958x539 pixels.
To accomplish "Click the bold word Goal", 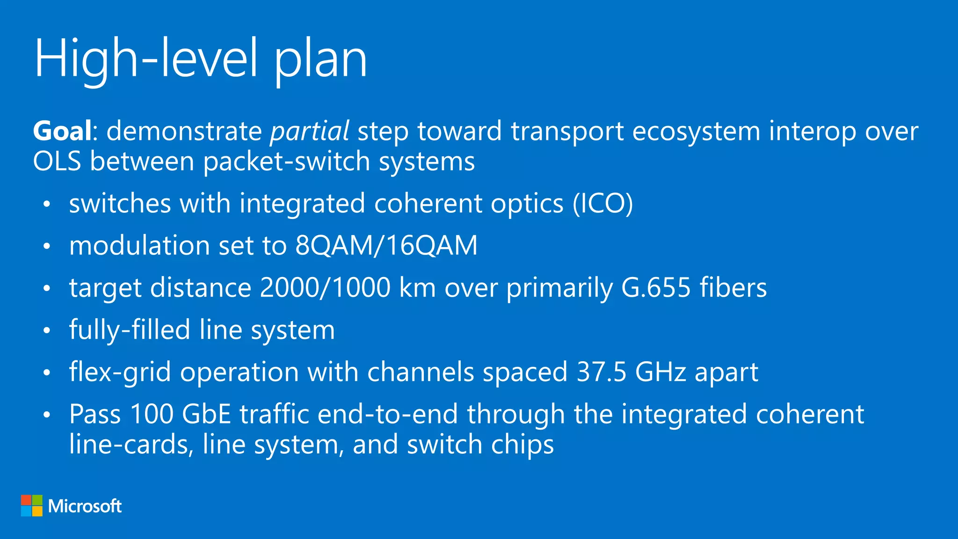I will tap(62, 131).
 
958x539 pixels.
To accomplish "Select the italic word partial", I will tap(310, 131).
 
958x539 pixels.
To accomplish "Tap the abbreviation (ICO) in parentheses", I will tap(603, 204).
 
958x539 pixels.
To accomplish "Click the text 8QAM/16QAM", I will tap(386, 246).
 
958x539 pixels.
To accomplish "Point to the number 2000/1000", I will tap(325, 287).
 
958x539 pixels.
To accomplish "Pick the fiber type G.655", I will tap(656, 287).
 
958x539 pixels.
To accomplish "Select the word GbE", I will tap(206, 415).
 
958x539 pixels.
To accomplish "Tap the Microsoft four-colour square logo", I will tap(32, 506).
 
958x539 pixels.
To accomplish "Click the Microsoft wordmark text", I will tap(85, 506).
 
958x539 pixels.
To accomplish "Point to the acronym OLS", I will tap(57, 161).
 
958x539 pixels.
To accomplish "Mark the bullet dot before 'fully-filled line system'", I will tap(46, 330).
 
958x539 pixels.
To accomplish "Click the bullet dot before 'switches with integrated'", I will tap(46, 204).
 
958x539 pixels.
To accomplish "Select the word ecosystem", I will tap(696, 131).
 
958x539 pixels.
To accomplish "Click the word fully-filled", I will tap(130, 330).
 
